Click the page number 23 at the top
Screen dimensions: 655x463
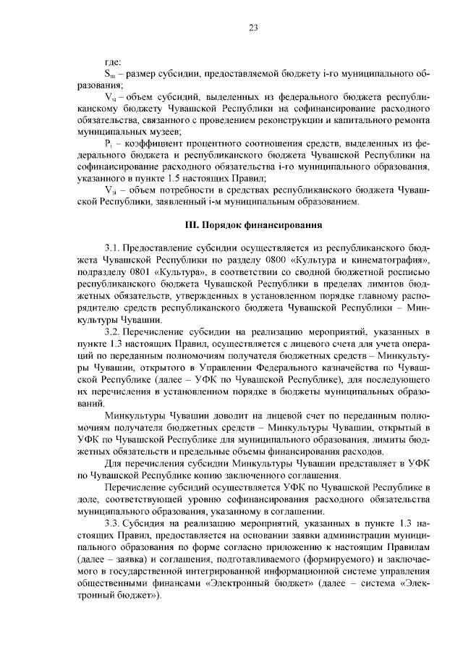coord(254,28)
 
